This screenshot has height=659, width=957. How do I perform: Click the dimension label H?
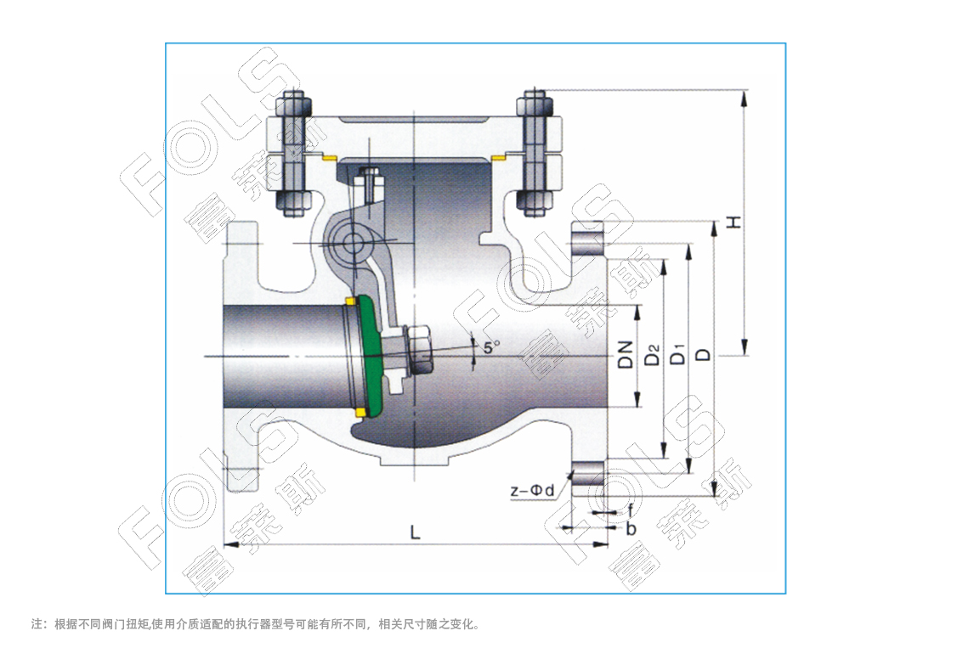pyautogui.click(x=734, y=222)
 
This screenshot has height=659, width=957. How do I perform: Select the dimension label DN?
pyautogui.click(x=626, y=354)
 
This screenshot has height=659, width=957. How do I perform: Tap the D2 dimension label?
pyautogui.click(x=653, y=355)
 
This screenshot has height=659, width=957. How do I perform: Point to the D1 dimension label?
pyautogui.click(x=678, y=354)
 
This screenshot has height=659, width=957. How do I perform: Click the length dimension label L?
pyautogui.click(x=415, y=532)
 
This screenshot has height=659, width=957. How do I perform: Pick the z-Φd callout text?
pyautogui.click(x=531, y=490)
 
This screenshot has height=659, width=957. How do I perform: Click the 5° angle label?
pyautogui.click(x=491, y=347)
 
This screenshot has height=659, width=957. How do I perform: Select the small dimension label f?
pyautogui.click(x=630, y=511)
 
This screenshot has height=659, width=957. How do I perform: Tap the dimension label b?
pyautogui.click(x=631, y=528)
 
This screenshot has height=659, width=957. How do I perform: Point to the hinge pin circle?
pyautogui.click(x=351, y=243)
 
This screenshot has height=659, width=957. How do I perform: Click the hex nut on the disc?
pyautogui.click(x=419, y=349)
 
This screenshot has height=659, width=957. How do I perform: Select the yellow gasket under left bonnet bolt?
pyautogui.click(x=330, y=159)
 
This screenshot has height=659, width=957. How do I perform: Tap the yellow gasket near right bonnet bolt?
pyautogui.click(x=499, y=158)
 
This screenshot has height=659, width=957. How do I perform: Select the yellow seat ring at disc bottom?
pyautogui.click(x=360, y=413)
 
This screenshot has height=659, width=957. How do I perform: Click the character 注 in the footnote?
pyautogui.click(x=37, y=624)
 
